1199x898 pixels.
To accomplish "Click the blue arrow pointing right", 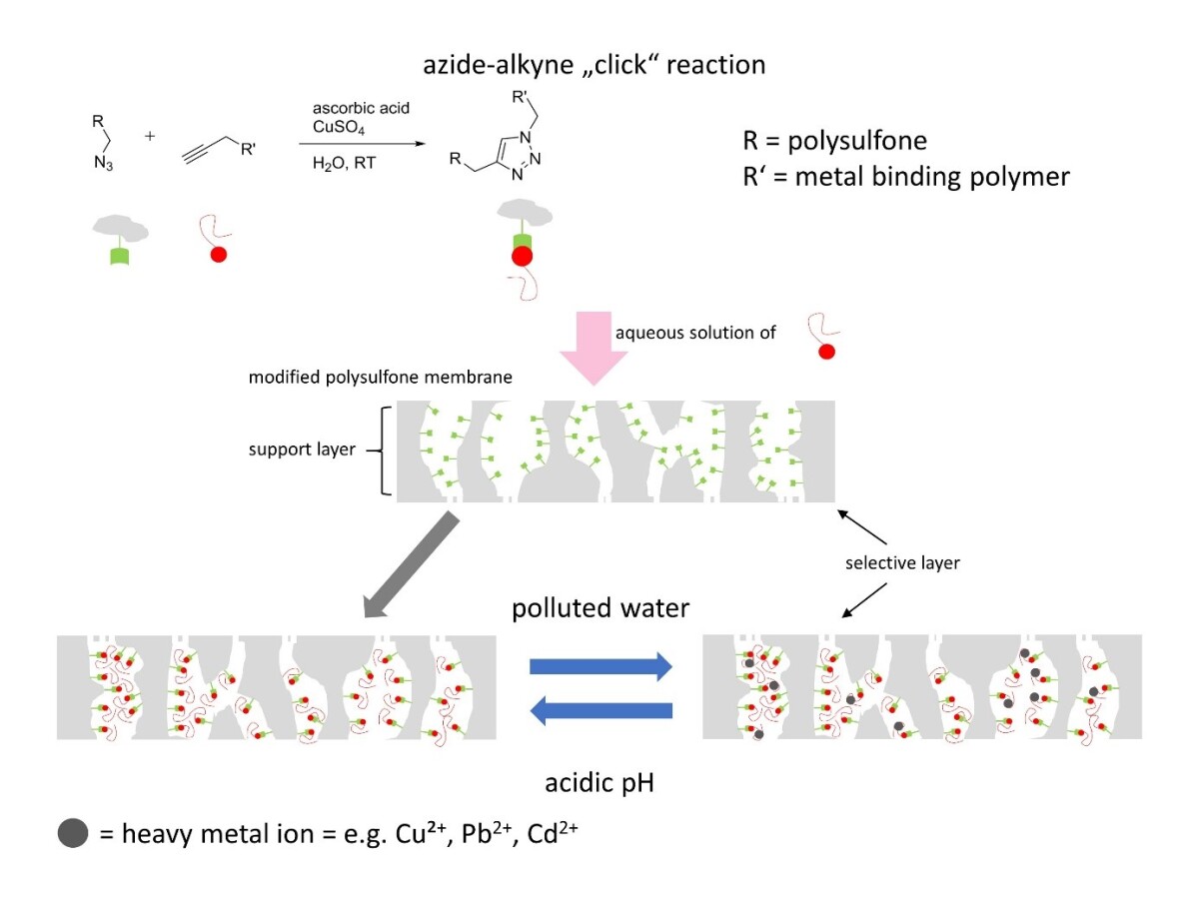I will pyautogui.click(x=600, y=666).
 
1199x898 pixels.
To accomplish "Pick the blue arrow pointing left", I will pyautogui.click(x=600, y=710).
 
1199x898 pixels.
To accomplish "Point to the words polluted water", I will pyautogui.click(x=600, y=608).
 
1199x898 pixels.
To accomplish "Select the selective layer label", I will pyautogui.click(x=902, y=563).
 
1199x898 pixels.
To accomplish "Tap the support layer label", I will pyautogui.click(x=302, y=449).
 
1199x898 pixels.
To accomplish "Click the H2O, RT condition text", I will pyautogui.click(x=344, y=162).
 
